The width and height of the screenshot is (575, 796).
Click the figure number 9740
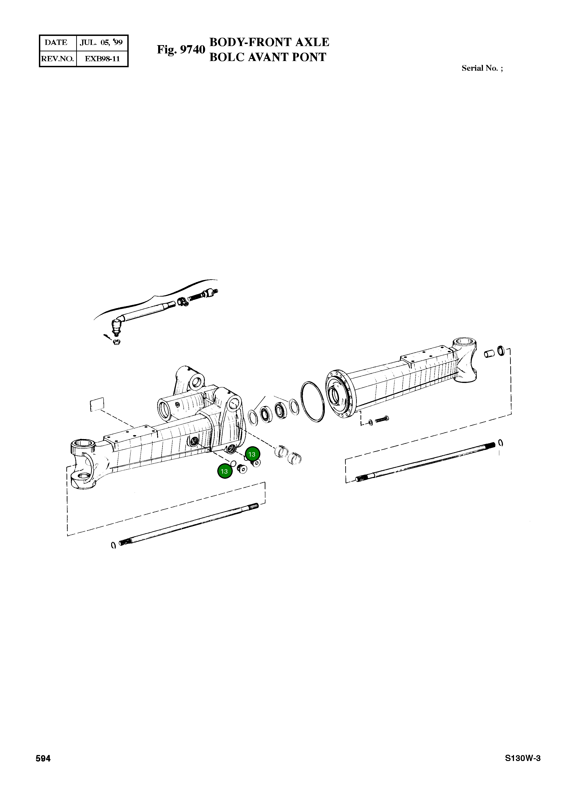pyautogui.click(x=192, y=50)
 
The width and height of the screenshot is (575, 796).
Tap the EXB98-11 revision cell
pyautogui.click(x=102, y=59)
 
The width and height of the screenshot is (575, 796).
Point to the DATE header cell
pyautogui.click(x=56, y=42)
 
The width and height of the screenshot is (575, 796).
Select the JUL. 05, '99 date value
pyautogui.click(x=101, y=42)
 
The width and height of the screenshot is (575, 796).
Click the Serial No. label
pyautogui.click(x=482, y=68)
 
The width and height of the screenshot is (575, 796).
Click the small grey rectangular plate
pyautogui.click(x=97, y=404)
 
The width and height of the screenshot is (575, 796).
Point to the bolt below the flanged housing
pyautogui.click(x=382, y=419)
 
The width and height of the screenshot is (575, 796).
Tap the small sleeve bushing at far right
pyautogui.click(x=489, y=353)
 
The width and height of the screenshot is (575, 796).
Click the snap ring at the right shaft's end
pyautogui.click(x=501, y=443)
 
